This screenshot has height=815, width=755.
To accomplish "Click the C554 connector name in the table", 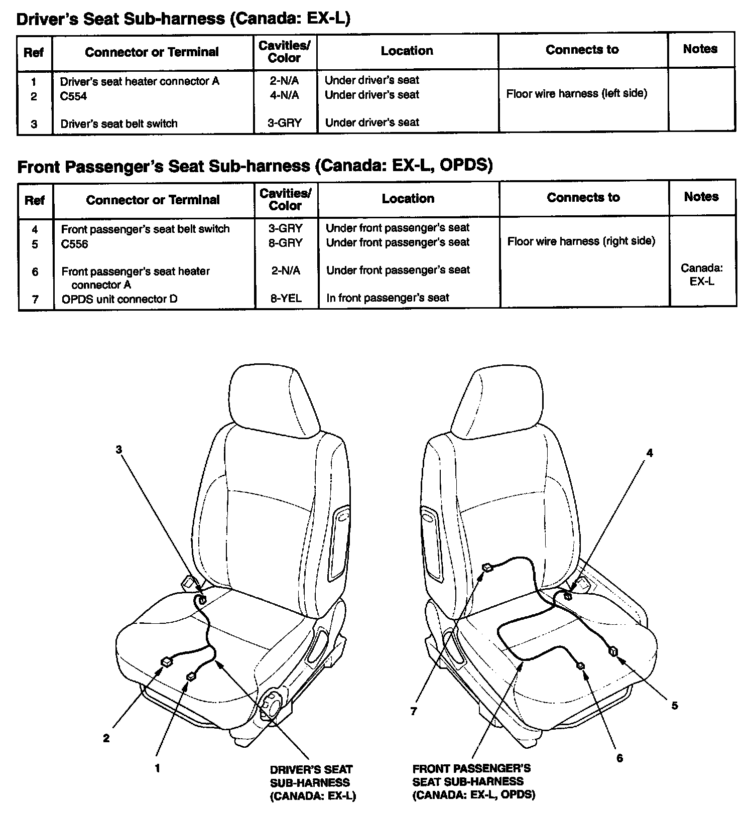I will pyautogui.click(x=73, y=96).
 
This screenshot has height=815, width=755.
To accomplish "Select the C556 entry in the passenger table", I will pyautogui.click(x=74, y=244).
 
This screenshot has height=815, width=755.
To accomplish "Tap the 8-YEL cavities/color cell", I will pyautogui.click(x=286, y=299).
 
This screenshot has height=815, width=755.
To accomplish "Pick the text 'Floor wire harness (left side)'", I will pyautogui.click(x=576, y=93).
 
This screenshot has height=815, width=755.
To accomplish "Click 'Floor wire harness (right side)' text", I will pyautogui.click(x=581, y=241).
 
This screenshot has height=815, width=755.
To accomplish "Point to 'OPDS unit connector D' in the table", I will pyautogui.click(x=119, y=299).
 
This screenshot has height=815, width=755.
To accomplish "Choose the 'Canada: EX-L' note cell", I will pyautogui.click(x=701, y=275).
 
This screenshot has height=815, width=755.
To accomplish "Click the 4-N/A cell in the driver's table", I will pyautogui.click(x=284, y=95).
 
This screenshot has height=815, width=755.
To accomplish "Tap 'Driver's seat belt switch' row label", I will pyautogui.click(x=119, y=124).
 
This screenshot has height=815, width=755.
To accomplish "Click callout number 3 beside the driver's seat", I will pyautogui.click(x=119, y=450).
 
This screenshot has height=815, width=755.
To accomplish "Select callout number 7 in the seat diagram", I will pyautogui.click(x=413, y=711).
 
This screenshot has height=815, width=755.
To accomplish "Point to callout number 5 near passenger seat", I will pyautogui.click(x=675, y=706).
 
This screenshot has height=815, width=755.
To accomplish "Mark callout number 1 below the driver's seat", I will pyautogui.click(x=157, y=768).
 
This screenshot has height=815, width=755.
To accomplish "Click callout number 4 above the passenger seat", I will pyautogui.click(x=650, y=453).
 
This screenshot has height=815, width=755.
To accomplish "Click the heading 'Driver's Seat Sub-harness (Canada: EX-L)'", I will pyautogui.click(x=183, y=19).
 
